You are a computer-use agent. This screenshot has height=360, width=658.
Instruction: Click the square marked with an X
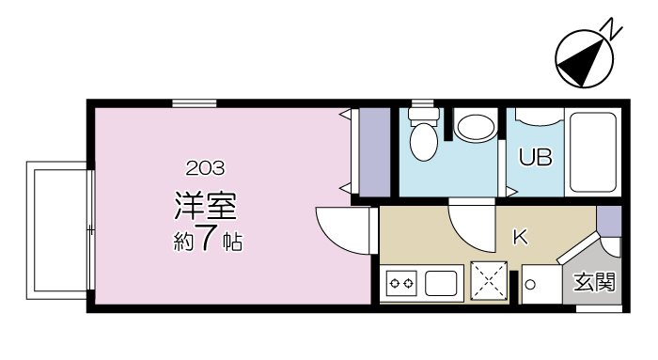(x=490, y=280)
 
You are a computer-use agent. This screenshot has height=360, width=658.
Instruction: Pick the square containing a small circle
(x=530, y=283)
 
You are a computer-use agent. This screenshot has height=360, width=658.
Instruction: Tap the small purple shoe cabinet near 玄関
(x=609, y=223)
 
